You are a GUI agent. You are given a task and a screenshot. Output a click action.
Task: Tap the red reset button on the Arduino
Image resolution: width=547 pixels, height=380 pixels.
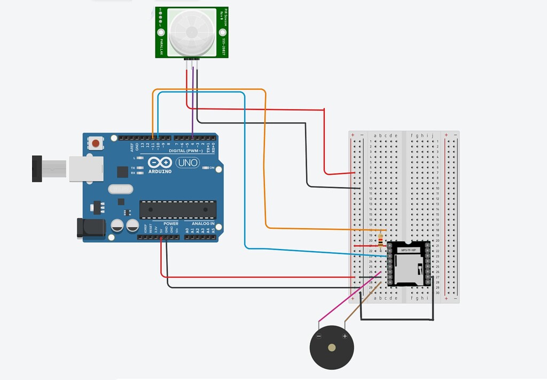[96, 143]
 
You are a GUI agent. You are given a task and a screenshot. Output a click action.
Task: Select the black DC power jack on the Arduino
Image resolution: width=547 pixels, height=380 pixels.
[90, 228]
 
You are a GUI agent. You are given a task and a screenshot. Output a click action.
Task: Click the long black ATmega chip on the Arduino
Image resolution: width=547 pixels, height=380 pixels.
[178, 210]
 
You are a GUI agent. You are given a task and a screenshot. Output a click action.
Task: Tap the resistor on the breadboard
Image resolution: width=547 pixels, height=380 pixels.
[380, 241]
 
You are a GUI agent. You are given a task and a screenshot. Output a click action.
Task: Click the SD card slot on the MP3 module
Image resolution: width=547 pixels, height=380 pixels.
[409, 268]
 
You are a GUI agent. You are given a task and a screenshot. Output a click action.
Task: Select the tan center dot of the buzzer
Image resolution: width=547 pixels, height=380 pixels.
[332, 347]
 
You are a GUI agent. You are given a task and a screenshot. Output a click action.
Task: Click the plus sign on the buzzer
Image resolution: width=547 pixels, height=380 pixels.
[345, 336]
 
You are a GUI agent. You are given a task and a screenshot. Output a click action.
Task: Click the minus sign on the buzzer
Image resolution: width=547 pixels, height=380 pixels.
[319, 336]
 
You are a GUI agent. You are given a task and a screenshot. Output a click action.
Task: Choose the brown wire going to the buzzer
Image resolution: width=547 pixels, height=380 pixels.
[361, 305]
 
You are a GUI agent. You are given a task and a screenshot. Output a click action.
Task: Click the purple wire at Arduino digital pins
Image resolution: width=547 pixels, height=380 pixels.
[192, 121]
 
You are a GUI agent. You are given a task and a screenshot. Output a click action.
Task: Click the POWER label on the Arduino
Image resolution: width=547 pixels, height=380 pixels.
[171, 223]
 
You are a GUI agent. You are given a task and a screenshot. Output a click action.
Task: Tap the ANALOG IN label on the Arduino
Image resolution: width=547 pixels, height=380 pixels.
[203, 223]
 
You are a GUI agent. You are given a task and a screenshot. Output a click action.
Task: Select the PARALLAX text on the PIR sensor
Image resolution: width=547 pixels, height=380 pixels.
[161, 46]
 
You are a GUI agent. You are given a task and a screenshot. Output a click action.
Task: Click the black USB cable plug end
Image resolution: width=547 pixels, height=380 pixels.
[37, 168]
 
